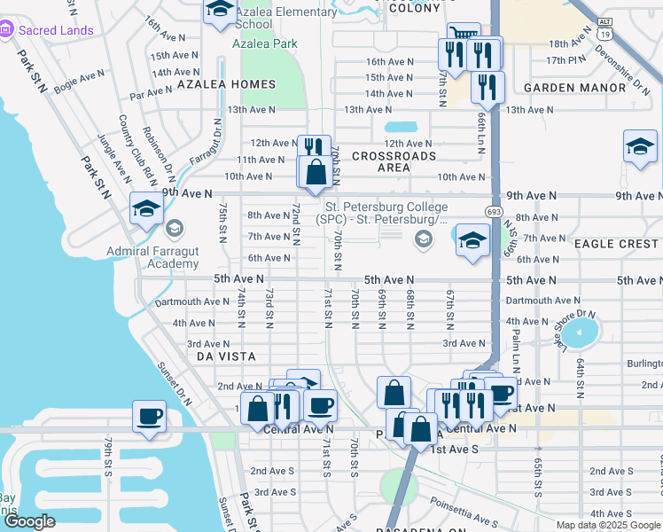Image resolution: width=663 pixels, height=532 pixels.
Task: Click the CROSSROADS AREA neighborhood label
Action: pos(394,161)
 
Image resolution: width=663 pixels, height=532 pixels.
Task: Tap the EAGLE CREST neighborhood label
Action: pos(616,243)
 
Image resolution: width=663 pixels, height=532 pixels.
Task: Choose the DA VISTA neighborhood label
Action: pos(225,356)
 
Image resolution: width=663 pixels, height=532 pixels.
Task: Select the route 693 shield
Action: pos(493,211)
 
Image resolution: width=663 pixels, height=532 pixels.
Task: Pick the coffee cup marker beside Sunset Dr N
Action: pos(149,416)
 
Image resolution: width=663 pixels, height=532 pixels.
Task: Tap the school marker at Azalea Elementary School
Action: pos(219,12)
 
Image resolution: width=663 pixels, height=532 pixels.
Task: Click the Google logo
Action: pos(30,522)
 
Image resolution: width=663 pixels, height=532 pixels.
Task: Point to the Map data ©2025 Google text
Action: pos(607,525)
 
